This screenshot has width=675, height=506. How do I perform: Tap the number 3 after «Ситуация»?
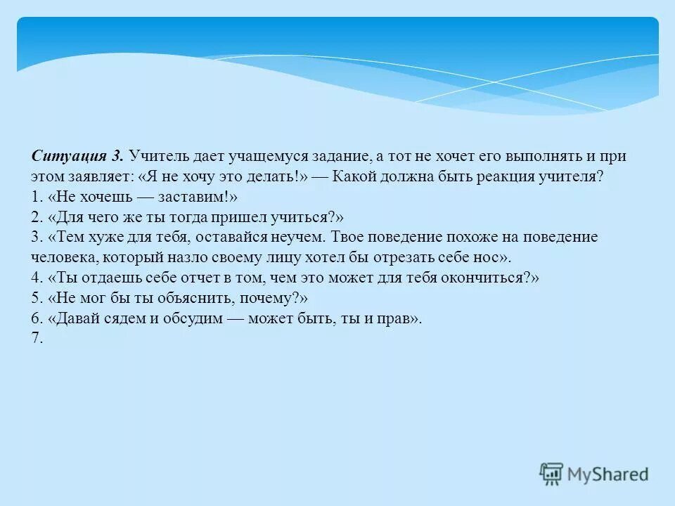117,156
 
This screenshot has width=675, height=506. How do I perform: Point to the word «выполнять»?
522,156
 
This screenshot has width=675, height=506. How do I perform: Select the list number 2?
37,217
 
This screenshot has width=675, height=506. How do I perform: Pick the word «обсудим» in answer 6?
195,318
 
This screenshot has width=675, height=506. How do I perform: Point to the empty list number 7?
37,338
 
